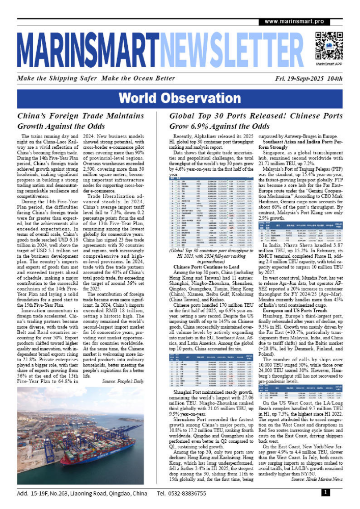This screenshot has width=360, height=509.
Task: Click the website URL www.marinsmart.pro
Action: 295,21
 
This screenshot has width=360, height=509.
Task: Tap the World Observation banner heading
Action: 180,98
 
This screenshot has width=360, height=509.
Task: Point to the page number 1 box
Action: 325,493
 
